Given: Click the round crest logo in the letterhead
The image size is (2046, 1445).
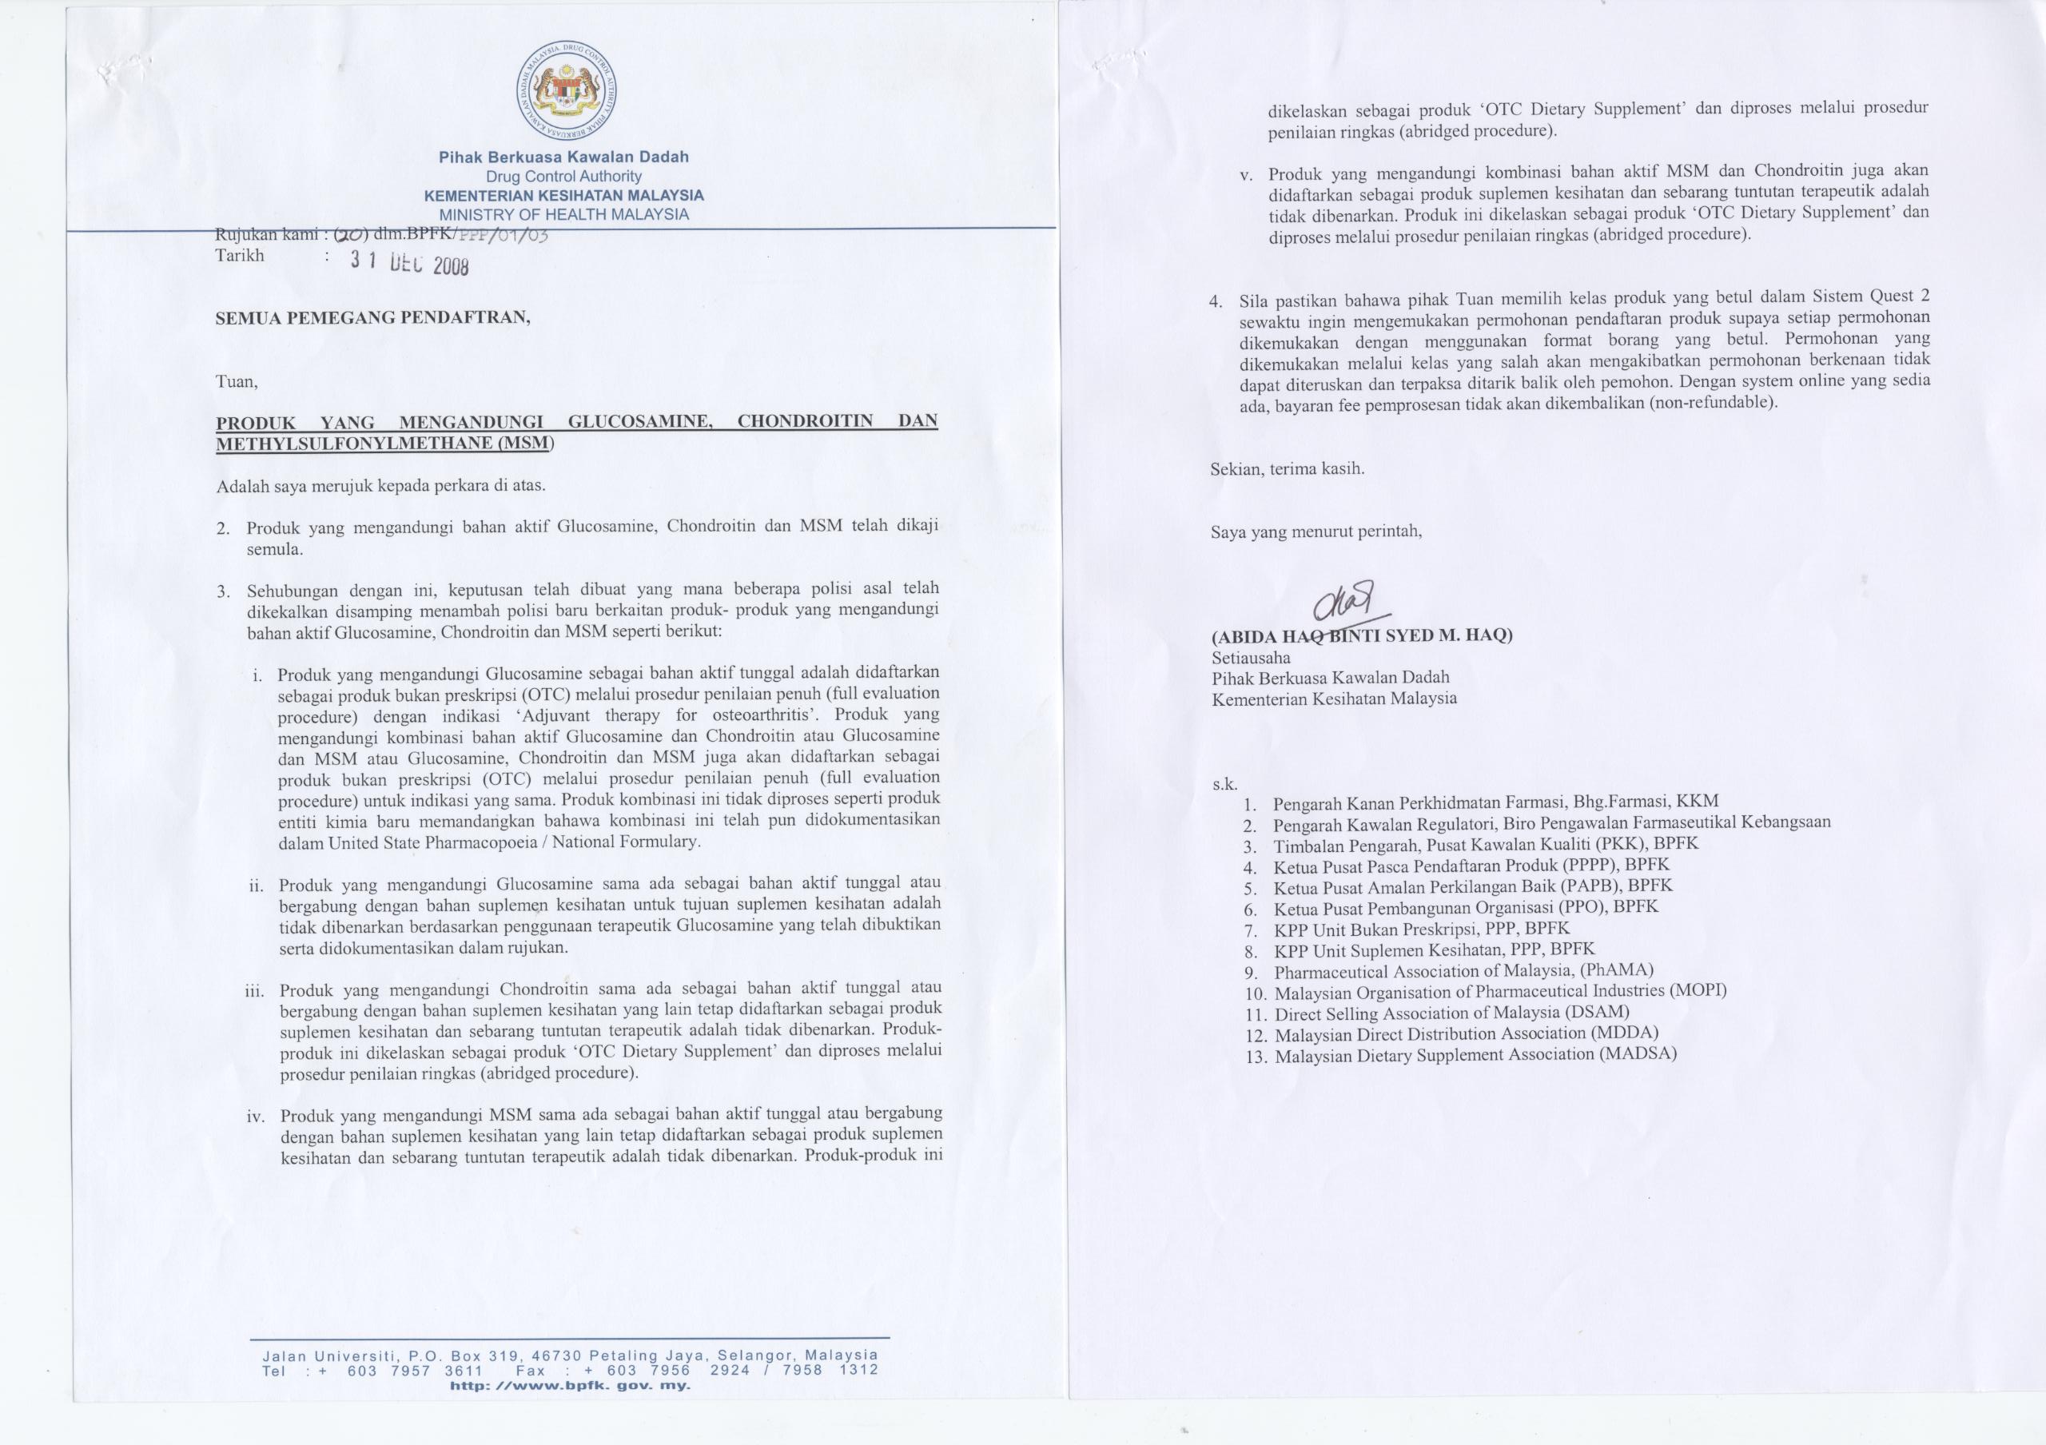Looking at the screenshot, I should pyautogui.click(x=567, y=93).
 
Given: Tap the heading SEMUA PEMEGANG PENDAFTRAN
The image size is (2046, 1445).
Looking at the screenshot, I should pyautogui.click(x=372, y=319).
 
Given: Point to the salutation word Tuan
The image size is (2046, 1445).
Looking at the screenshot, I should pyautogui.click(x=236, y=382).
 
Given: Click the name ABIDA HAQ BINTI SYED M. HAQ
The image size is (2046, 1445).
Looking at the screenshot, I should pyautogui.click(x=1362, y=635).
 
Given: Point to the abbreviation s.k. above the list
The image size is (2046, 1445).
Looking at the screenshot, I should pyautogui.click(x=1224, y=785).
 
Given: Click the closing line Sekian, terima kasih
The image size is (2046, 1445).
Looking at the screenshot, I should pyautogui.click(x=1287, y=468).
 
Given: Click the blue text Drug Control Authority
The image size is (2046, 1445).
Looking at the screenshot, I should pyautogui.click(x=563, y=177).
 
